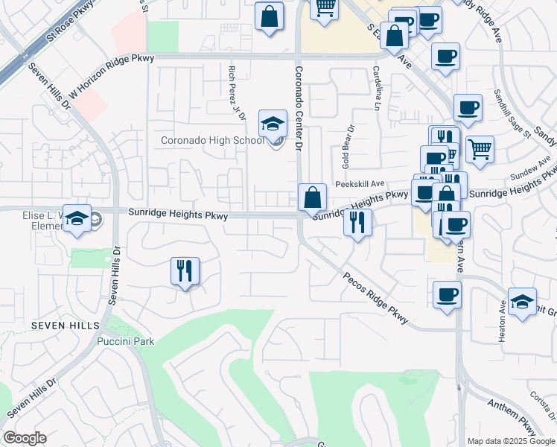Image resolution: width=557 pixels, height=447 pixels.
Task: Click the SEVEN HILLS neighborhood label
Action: tap(66, 326)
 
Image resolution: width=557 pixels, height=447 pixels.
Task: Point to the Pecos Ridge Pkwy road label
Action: tap(376, 297)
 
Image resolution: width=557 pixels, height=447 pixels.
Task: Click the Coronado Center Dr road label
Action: tap(299, 109)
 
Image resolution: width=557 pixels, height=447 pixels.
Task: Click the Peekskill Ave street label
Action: tap(359, 183)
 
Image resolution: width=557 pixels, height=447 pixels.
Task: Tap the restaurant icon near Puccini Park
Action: tap(185, 271)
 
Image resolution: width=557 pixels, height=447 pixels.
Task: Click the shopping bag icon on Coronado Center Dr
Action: tap(313, 199)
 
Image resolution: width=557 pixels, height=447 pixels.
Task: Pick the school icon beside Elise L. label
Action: tap(77, 218)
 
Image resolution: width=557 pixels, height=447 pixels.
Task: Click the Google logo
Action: tap(25, 438)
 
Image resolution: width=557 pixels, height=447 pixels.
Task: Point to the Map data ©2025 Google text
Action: tap(511, 441)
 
